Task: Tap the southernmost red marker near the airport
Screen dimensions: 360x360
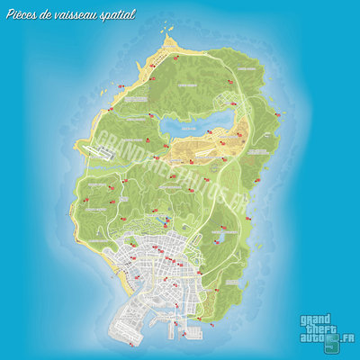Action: (133, 342)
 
